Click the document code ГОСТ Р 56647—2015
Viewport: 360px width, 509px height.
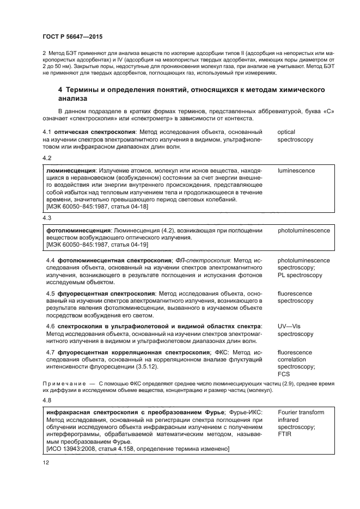(72, 36)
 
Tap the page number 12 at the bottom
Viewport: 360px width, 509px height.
(46, 462)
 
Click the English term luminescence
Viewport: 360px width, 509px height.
(296, 170)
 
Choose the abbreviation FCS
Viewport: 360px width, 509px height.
(284, 375)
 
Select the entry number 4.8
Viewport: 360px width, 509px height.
(47, 400)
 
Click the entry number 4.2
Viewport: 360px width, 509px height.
(47, 158)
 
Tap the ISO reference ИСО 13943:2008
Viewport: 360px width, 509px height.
(74, 449)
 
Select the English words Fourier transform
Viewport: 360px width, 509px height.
(301, 412)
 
